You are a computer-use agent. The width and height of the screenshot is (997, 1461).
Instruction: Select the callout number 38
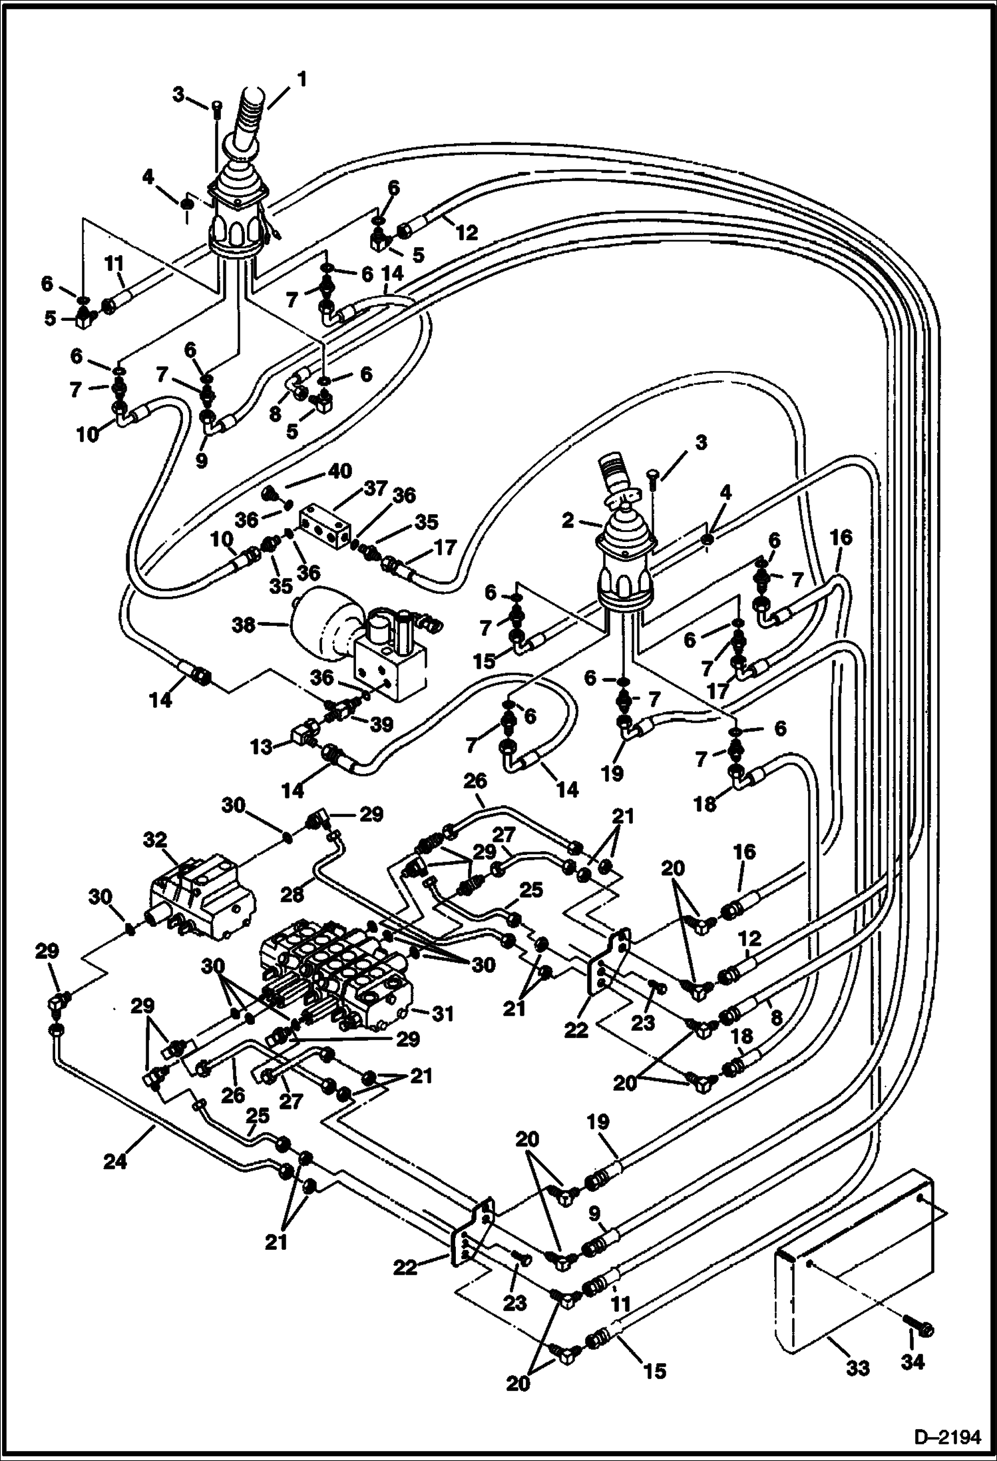244,625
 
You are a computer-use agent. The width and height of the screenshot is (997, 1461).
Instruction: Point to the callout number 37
375,489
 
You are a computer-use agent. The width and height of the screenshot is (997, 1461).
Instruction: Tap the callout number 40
340,471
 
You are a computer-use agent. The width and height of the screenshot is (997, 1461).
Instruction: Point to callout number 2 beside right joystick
567,521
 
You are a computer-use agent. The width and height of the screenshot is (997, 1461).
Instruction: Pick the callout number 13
262,747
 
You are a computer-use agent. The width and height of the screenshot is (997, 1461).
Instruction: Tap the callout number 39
381,725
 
